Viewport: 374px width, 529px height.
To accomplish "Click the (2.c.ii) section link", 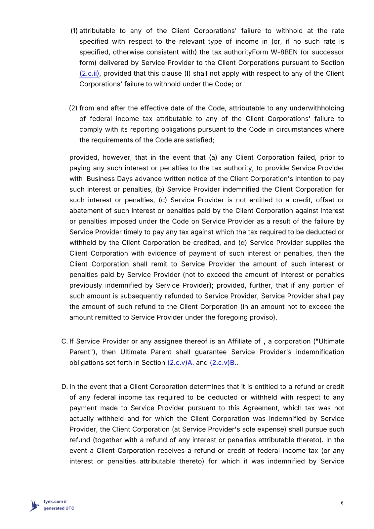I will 89,73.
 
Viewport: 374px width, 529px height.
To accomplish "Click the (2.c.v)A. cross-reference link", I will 181,363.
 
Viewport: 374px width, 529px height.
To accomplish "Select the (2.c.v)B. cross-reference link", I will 223,363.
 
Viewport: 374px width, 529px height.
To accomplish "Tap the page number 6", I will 342,503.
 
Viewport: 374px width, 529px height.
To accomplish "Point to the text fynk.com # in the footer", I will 55,502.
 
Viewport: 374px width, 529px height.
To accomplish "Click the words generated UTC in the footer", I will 59,508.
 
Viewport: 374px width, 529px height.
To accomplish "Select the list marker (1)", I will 74,31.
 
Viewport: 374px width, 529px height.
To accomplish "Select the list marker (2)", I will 73,108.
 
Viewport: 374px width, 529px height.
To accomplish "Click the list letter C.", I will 64,341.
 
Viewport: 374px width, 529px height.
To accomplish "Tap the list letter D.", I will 64,387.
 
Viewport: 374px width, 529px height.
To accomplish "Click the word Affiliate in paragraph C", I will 240,341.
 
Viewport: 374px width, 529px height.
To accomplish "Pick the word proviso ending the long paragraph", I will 265,317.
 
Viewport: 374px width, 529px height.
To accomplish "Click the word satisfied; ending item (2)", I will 200,140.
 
